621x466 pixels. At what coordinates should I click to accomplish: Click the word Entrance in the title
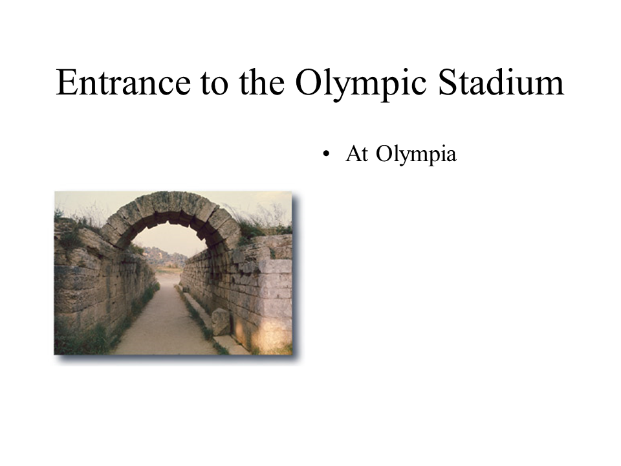[x=123, y=82]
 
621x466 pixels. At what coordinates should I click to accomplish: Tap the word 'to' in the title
[x=214, y=83]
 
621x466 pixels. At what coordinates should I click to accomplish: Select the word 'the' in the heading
[x=262, y=82]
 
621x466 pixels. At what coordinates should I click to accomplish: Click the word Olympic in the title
[x=361, y=83]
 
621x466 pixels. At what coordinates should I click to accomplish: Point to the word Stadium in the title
[x=501, y=82]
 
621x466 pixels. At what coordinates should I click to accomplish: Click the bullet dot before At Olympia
[x=326, y=154]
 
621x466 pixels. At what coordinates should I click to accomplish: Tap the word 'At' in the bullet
[x=357, y=153]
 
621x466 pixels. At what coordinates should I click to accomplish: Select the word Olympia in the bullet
[x=416, y=154]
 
